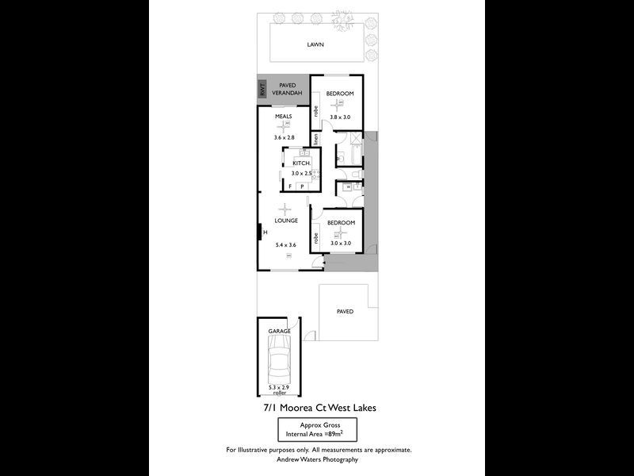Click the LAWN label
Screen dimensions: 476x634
316,45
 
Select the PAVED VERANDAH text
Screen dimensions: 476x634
287,90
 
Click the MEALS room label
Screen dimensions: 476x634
284,117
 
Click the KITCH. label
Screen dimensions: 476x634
301,163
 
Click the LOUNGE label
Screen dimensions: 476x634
286,221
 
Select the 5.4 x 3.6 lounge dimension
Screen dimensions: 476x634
285,245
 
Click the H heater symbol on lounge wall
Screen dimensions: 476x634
265,232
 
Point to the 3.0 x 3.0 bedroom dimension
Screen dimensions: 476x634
341,244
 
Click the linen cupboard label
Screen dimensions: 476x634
315,138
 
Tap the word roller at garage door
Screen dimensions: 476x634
278,392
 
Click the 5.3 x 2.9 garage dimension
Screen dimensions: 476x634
278,386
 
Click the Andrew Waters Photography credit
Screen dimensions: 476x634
318,459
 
